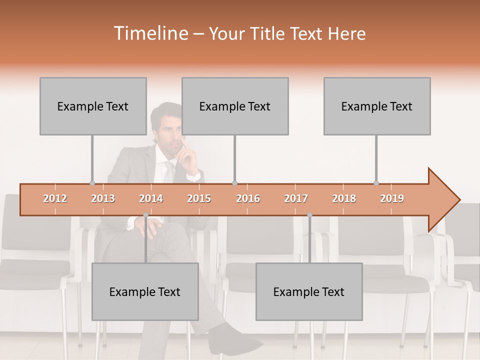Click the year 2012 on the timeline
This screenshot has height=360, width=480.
(55, 198)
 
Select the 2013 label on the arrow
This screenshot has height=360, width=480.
(103, 198)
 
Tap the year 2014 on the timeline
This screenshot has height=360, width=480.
(151, 198)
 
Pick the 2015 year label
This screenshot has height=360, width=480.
(199, 198)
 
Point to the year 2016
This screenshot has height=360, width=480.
(248, 198)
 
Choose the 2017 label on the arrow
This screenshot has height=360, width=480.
(296, 198)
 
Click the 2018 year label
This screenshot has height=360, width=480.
(344, 198)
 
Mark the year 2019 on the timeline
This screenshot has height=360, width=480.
(392, 198)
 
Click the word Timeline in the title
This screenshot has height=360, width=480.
(150, 33)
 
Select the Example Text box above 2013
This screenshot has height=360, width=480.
(93, 106)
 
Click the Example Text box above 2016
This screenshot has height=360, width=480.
(235, 106)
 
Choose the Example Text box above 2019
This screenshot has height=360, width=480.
(377, 106)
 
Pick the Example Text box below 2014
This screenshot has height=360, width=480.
(145, 291)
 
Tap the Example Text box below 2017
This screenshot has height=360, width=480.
(309, 291)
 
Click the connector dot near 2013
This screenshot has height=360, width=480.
(92, 183)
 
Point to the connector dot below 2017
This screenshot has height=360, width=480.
(309, 215)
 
